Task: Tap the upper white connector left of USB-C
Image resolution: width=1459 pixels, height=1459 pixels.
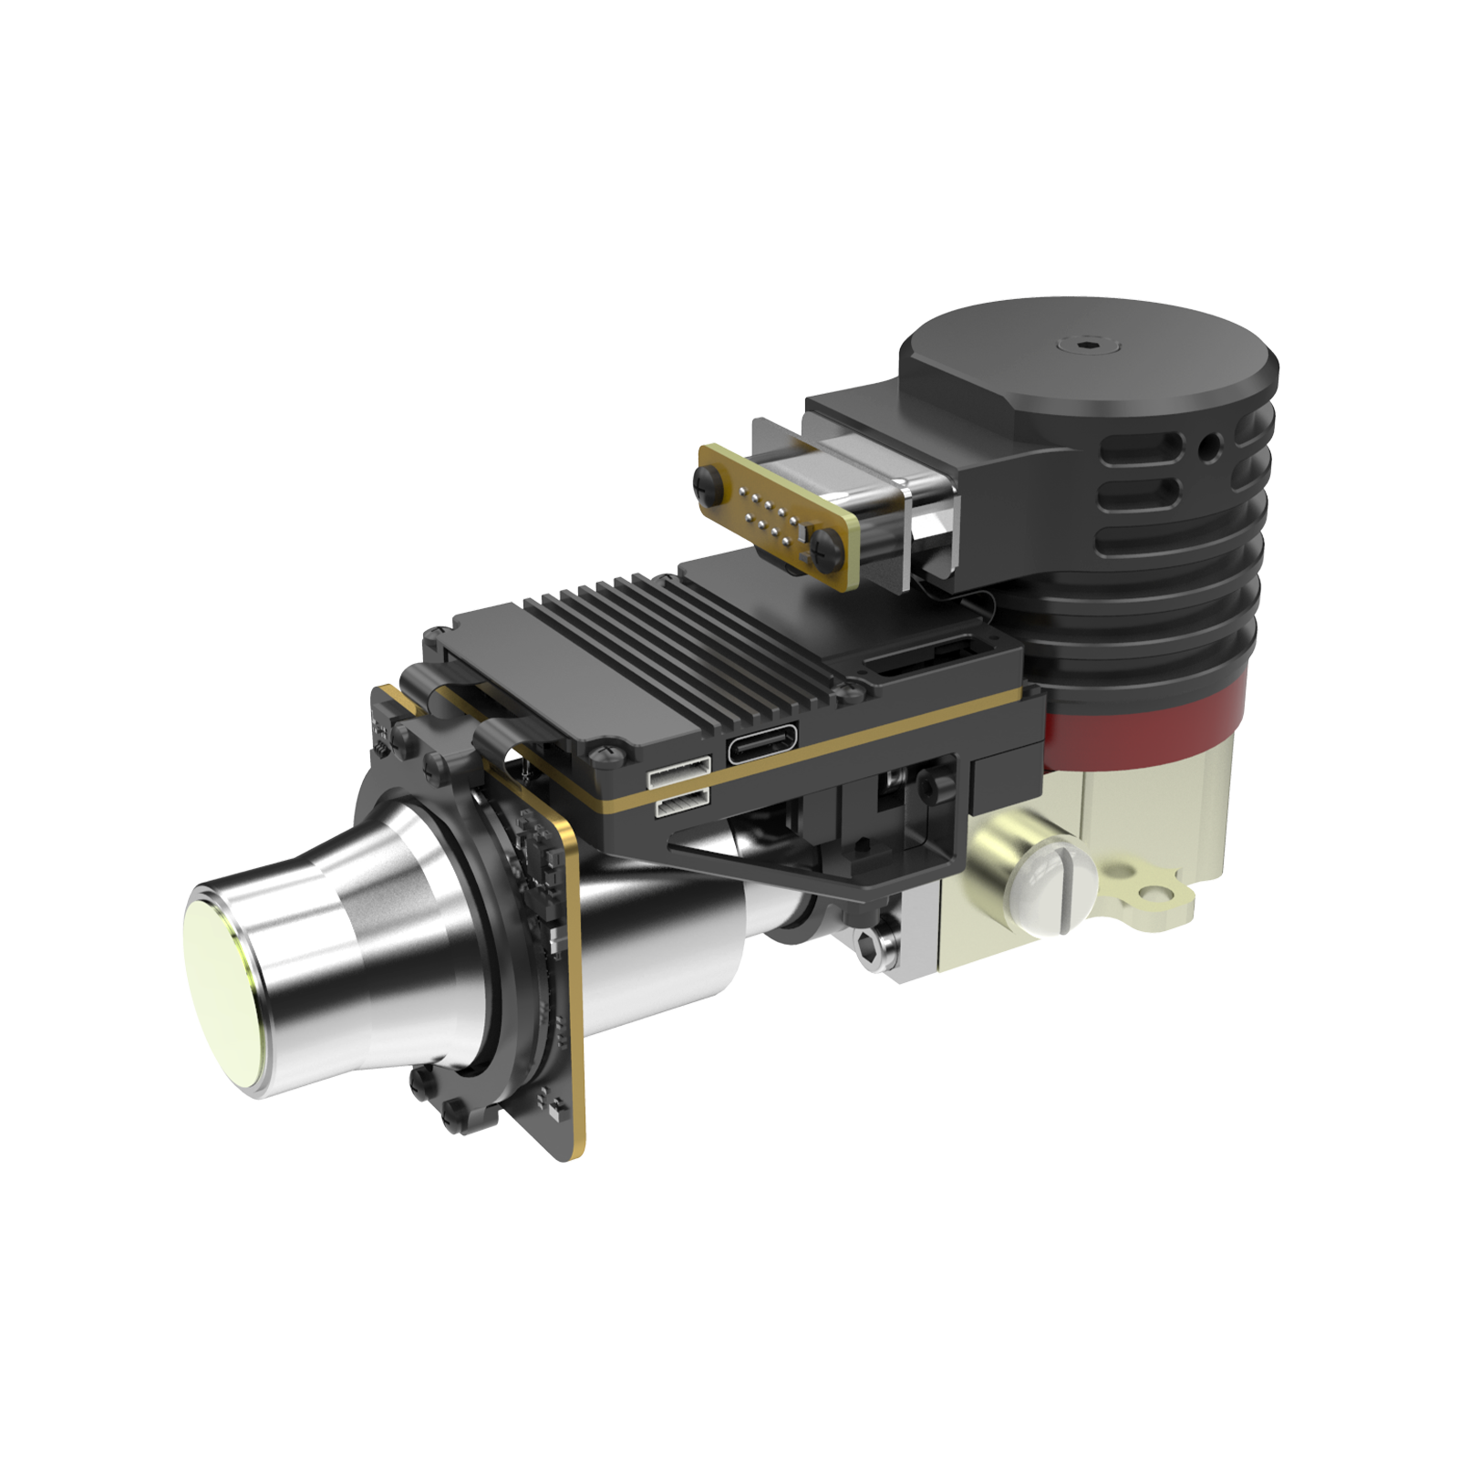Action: coord(678,774)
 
